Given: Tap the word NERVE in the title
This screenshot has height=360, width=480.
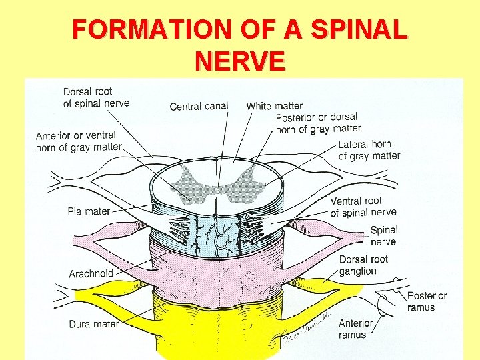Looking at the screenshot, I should [x=240, y=61].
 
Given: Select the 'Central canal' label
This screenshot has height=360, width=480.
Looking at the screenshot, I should [x=199, y=106].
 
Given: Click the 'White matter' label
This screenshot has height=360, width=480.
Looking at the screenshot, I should [x=274, y=105].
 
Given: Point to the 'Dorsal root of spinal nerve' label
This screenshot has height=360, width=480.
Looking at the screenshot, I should [x=96, y=97].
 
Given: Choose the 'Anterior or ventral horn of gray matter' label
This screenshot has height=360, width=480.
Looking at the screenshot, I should [x=79, y=141].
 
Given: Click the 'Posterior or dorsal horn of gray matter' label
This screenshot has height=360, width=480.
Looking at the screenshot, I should [x=318, y=123].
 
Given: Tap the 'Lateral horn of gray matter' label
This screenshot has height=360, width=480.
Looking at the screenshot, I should [x=369, y=150].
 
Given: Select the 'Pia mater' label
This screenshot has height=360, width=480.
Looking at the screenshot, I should [x=89, y=211].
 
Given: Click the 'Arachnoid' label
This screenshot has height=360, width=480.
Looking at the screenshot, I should [x=91, y=273].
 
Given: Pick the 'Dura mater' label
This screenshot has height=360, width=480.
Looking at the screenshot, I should [x=93, y=324].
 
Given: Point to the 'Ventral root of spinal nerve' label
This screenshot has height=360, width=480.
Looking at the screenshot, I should [x=363, y=207].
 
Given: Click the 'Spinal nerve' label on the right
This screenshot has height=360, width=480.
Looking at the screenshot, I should [x=384, y=236].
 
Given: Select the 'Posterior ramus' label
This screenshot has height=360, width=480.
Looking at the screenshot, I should [x=427, y=301].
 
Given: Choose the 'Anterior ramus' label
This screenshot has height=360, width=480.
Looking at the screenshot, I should [x=356, y=329].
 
